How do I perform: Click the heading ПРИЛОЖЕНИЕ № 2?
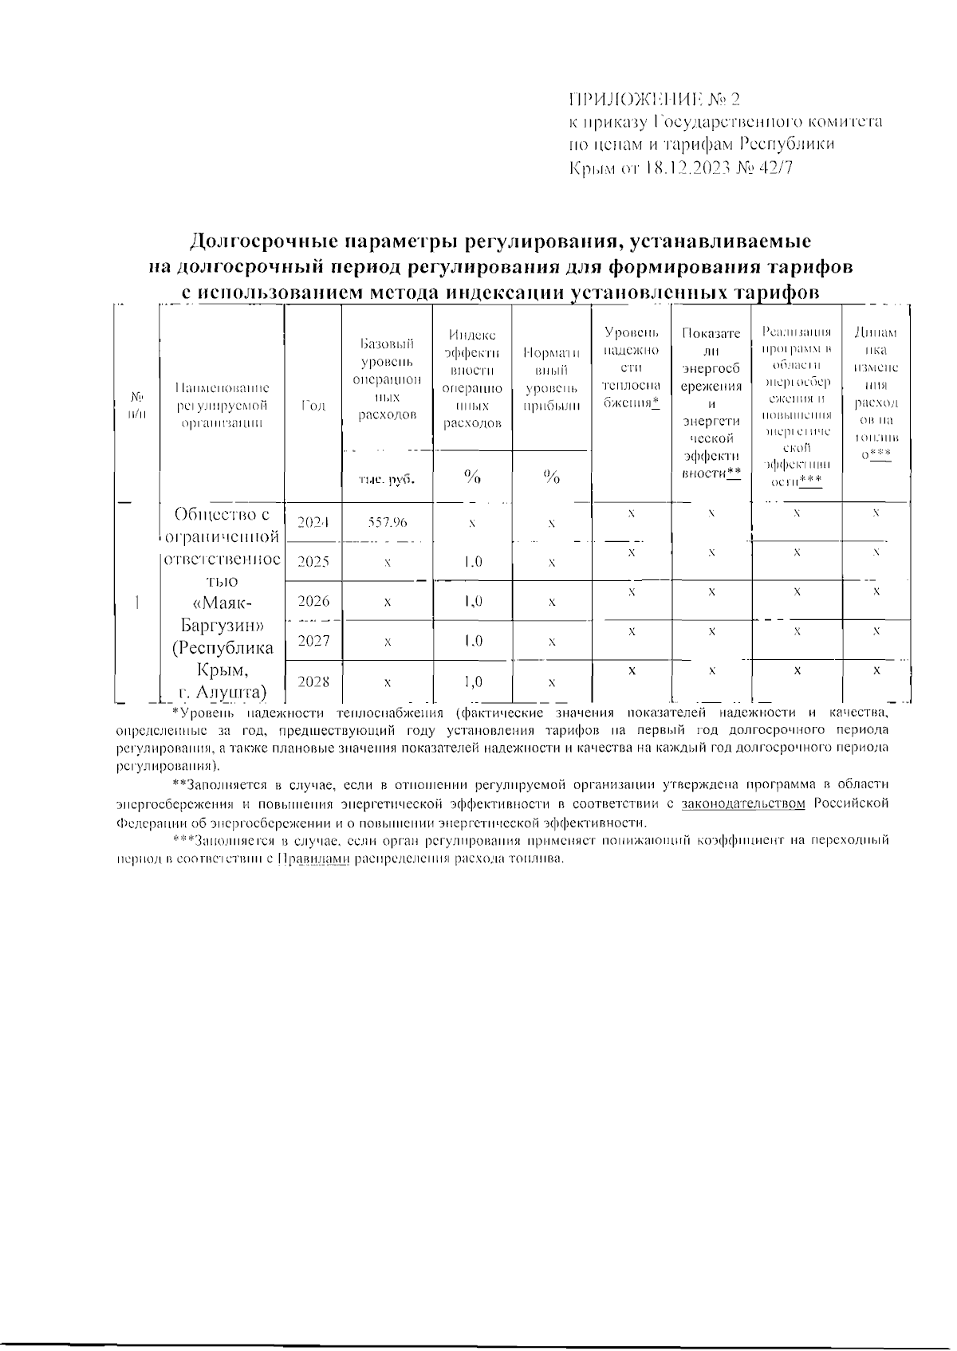click(654, 100)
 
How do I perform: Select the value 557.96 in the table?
click(388, 522)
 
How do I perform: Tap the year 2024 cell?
click(313, 523)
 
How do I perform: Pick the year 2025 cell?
click(313, 562)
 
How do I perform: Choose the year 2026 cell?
click(313, 601)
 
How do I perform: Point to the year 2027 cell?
click(313, 641)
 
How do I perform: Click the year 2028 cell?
click(313, 681)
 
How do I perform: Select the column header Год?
click(313, 406)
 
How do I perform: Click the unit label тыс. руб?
click(388, 479)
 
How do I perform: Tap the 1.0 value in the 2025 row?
click(472, 562)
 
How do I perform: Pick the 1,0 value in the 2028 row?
click(472, 681)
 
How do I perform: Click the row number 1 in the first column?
click(138, 602)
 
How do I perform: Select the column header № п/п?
click(138, 405)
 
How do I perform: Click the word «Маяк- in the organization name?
click(222, 602)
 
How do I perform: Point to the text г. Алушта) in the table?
click(222, 690)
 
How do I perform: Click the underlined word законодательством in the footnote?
click(743, 803)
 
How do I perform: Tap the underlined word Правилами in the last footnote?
click(313, 860)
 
